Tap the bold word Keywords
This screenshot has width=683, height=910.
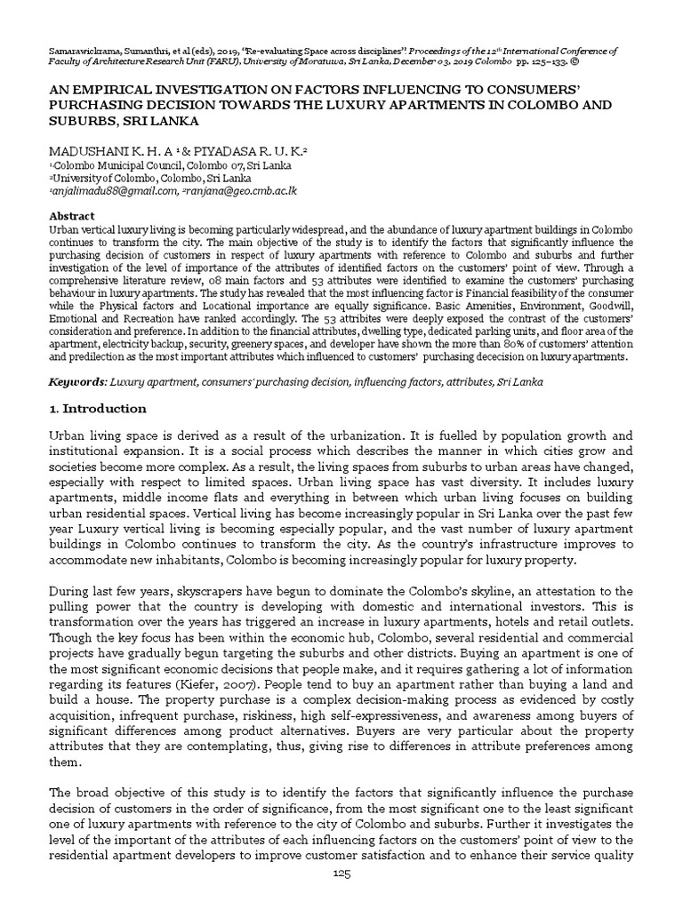(76, 381)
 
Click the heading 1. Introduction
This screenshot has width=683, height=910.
(97, 409)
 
